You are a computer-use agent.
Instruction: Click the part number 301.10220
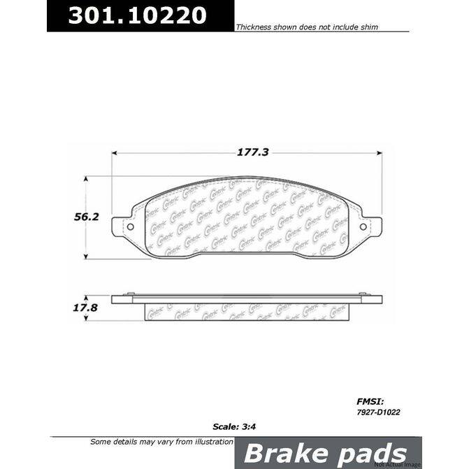pos(138,16)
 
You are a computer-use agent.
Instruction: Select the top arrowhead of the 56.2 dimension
pos(87,179)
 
